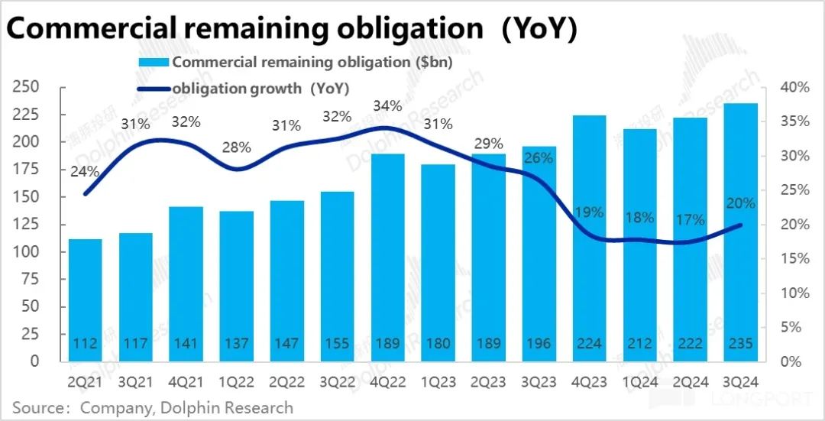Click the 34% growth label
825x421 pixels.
point(387,105)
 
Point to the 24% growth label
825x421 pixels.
point(85,172)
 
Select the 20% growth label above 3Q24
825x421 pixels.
point(740,203)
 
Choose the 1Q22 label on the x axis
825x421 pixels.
point(236,378)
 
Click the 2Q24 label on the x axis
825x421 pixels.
point(690,378)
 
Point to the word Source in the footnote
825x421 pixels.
point(36,407)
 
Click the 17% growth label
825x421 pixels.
point(690,220)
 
